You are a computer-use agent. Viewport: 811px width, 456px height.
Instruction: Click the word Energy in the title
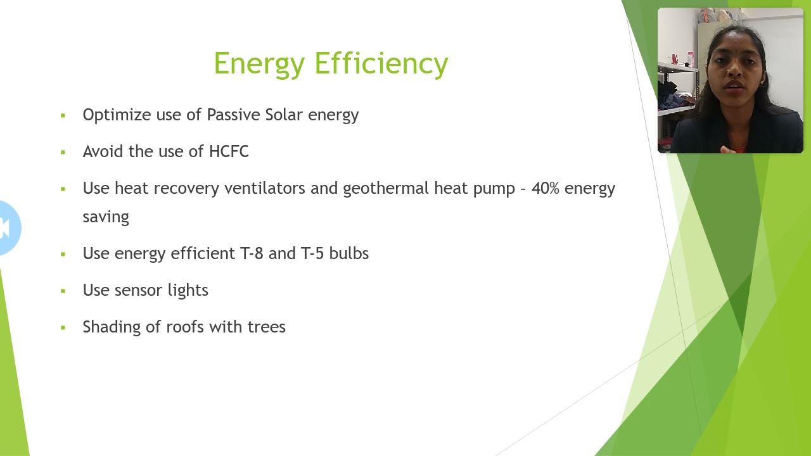click(260, 64)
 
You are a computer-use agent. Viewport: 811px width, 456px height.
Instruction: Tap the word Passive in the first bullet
click(233, 115)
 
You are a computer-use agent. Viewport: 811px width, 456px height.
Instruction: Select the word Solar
click(284, 115)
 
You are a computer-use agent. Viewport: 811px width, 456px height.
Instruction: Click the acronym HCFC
click(229, 151)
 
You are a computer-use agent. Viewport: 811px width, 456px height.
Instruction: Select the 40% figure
click(545, 188)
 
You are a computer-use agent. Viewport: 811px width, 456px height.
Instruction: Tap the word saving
click(106, 217)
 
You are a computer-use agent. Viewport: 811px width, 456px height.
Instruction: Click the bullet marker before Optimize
click(63, 116)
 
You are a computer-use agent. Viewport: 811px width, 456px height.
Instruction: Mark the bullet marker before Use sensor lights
click(63, 291)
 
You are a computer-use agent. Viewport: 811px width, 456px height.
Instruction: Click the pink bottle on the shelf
click(691, 59)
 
